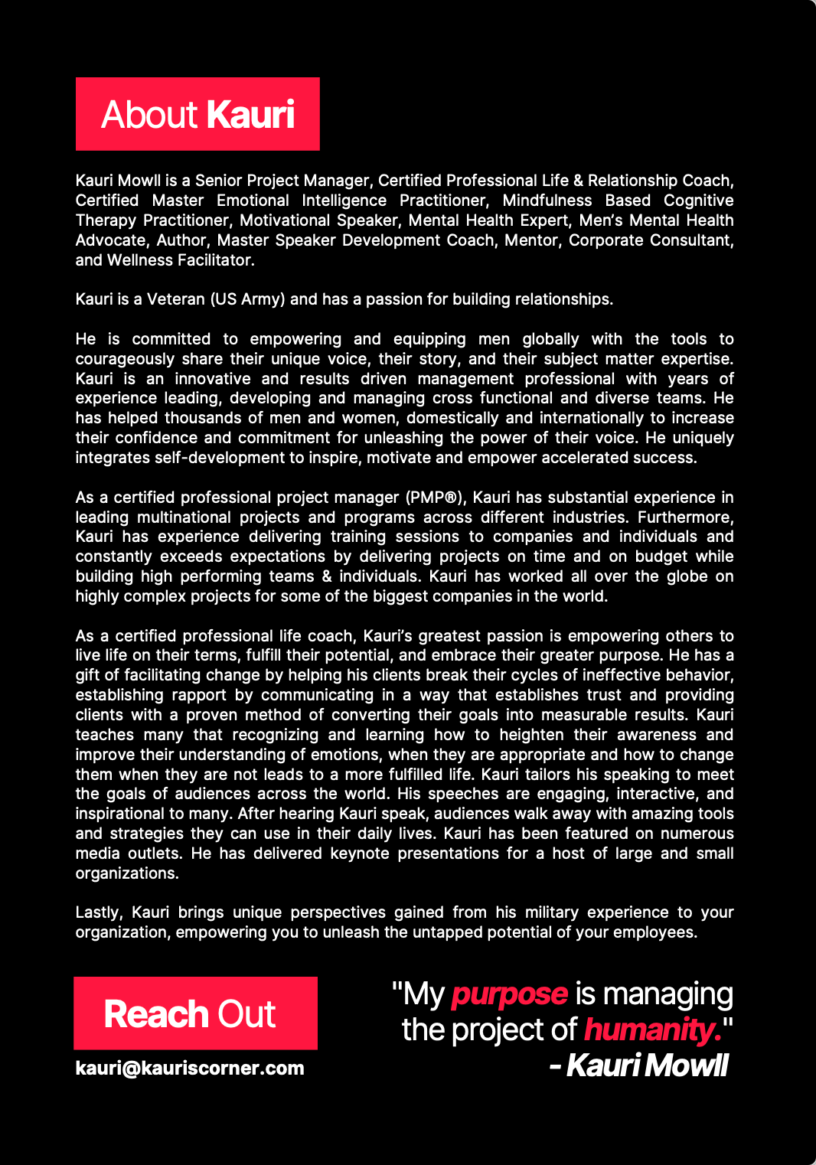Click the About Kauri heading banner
197,114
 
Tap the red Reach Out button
195,1013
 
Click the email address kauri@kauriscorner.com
190,1068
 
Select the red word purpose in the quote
509,994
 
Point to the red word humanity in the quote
652,1030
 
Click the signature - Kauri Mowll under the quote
638,1065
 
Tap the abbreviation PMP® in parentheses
434,498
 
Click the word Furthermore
685,517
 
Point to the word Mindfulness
547,201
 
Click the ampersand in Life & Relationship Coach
578,181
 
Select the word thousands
202,418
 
